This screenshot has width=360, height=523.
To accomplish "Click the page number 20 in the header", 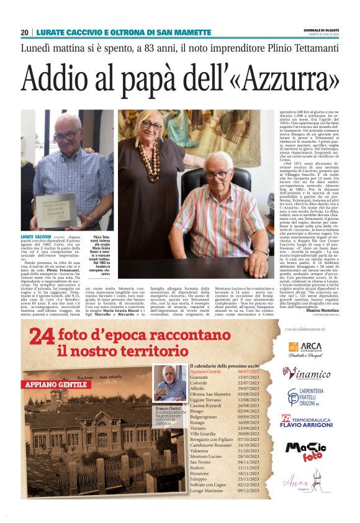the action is (x=25, y=32).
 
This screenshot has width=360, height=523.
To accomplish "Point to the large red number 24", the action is (x=43, y=339).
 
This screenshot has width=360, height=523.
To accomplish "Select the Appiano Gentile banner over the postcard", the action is (x=56, y=385).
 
